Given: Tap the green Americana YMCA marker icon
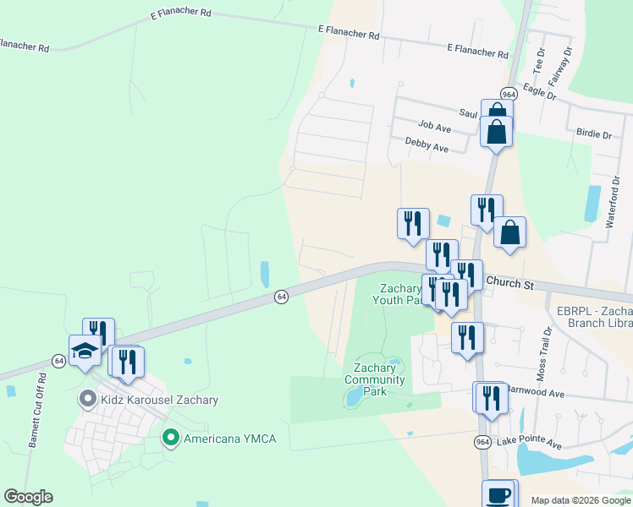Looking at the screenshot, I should click(x=170, y=437).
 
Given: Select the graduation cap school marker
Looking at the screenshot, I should click(x=85, y=352).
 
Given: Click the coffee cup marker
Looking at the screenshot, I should click(x=498, y=495).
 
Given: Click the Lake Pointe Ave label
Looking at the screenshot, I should click(x=529, y=443).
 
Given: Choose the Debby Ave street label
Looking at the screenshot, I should click(x=427, y=145).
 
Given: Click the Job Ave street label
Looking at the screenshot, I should click(x=435, y=126).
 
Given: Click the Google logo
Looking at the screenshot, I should click(x=28, y=497).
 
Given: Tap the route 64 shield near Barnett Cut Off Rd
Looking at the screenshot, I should click(x=58, y=361).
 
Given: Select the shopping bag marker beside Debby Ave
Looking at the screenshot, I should click(x=496, y=133).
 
